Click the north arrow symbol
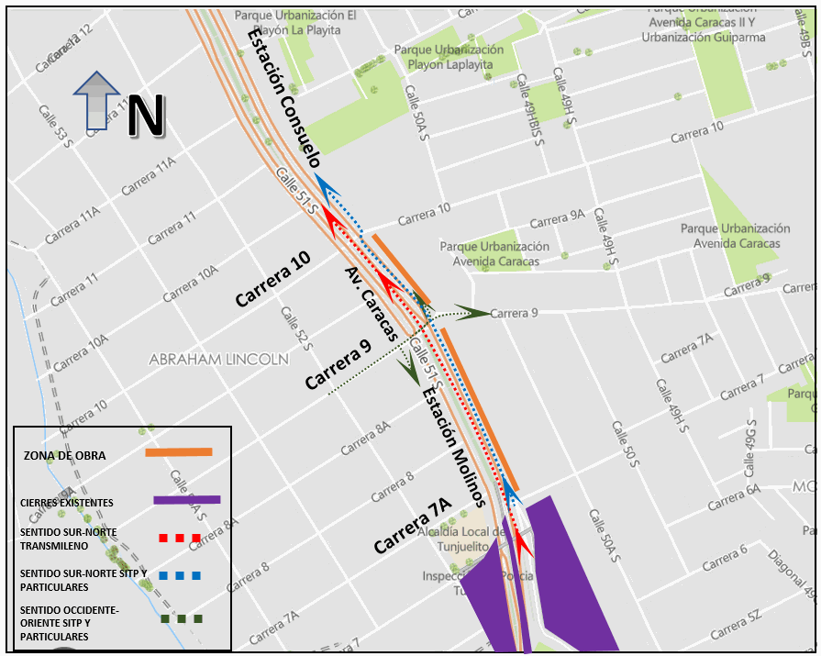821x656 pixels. [x=96, y=101]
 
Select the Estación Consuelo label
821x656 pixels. [x=285, y=101]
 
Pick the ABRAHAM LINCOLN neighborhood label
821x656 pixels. [x=218, y=360]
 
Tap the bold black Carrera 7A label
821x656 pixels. [x=413, y=526]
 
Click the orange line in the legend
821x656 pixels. [x=179, y=451]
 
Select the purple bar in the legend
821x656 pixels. [x=186, y=500]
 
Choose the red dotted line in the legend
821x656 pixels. [x=179, y=538]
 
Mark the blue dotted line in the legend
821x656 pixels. [x=179, y=576]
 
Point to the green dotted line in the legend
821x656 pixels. [x=179, y=618]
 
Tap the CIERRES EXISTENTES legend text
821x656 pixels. [x=67, y=503]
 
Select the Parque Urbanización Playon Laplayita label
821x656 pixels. [x=449, y=57]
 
